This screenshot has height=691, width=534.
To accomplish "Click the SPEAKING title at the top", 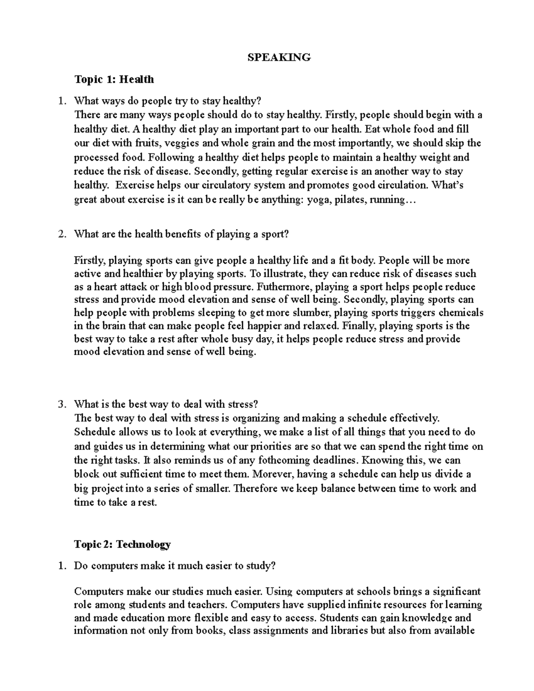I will pos(279,57).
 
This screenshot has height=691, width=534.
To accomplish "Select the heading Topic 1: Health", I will pos(114,80).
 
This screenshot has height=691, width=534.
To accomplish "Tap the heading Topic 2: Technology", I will pos(122,544).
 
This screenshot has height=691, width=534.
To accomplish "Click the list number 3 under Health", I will pos(61,404).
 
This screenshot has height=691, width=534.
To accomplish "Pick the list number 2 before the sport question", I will pos(61,234).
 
